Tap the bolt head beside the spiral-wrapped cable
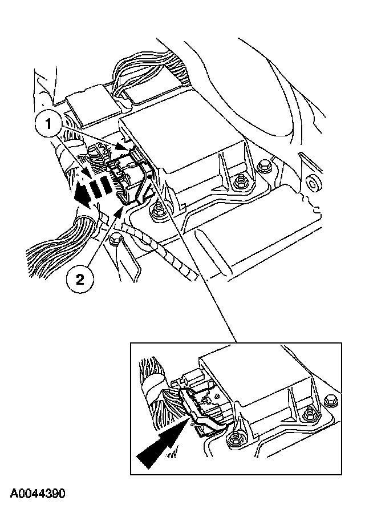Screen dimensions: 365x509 click(x=116, y=240)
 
